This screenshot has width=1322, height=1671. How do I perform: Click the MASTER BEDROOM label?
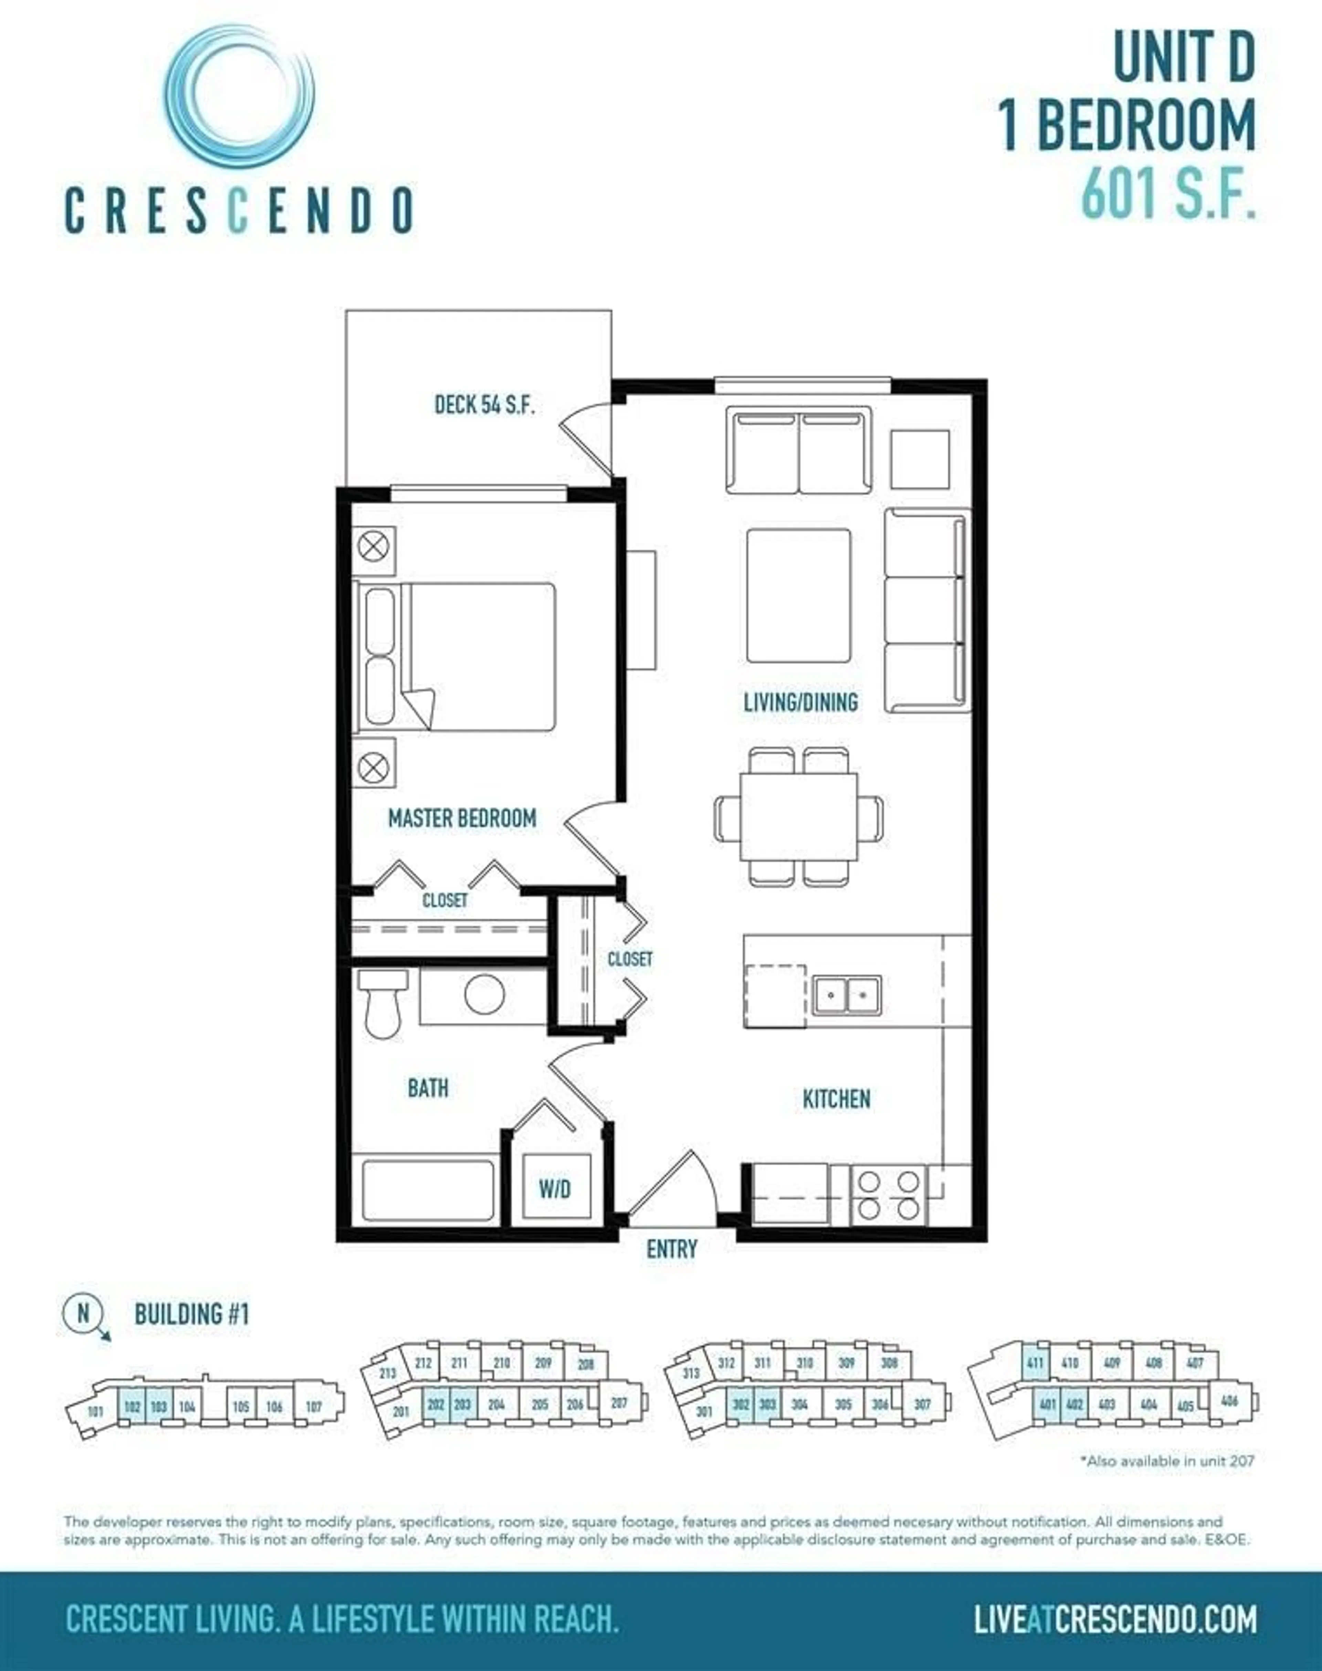462,818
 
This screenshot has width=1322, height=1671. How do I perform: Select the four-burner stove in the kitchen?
889,1195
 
